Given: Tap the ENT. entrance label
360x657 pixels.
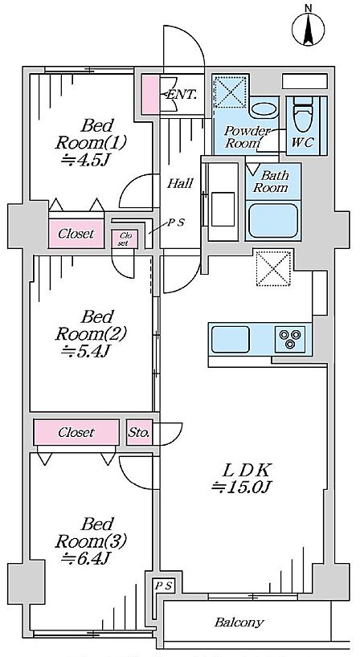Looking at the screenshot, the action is [x=182, y=95].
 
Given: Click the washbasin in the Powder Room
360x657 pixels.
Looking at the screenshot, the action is [x=264, y=110].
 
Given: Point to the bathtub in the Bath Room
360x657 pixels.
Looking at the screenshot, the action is [x=273, y=221].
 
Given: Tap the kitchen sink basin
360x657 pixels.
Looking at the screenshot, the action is [x=230, y=340].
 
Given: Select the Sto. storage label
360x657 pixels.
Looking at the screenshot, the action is [x=139, y=432].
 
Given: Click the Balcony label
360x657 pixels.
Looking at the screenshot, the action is [x=239, y=622].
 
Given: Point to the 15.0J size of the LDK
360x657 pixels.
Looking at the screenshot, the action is [x=243, y=487].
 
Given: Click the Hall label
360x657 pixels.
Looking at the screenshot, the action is [x=180, y=183].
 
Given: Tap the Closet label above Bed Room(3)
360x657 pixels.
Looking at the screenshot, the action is [x=76, y=432].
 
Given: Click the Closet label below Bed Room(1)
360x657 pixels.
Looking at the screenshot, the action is [x=76, y=234].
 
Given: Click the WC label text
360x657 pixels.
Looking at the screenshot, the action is [x=302, y=142].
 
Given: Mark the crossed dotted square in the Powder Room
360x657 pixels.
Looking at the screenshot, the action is [x=230, y=92].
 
